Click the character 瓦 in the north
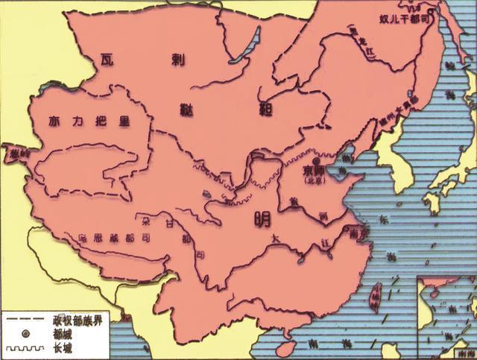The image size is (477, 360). pos(109,58)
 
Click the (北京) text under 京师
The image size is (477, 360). pos(315,180)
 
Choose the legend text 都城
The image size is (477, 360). pos(63,332)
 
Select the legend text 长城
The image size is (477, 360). pos(63,347)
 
